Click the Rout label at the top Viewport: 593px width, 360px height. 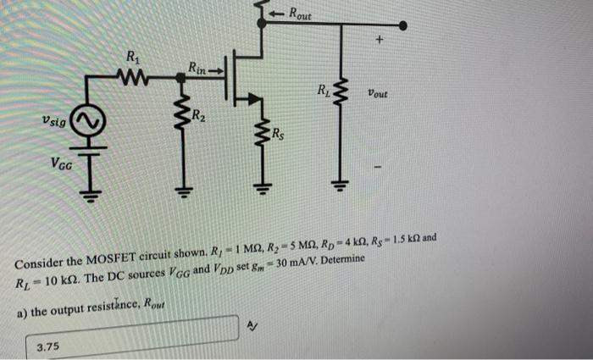click(300, 14)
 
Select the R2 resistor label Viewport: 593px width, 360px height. click(198, 116)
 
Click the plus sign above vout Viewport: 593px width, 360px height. click(380, 40)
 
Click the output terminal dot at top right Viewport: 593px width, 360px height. click(402, 25)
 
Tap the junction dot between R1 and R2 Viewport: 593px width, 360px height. click(180, 77)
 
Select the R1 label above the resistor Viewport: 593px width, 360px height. click(133, 58)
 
